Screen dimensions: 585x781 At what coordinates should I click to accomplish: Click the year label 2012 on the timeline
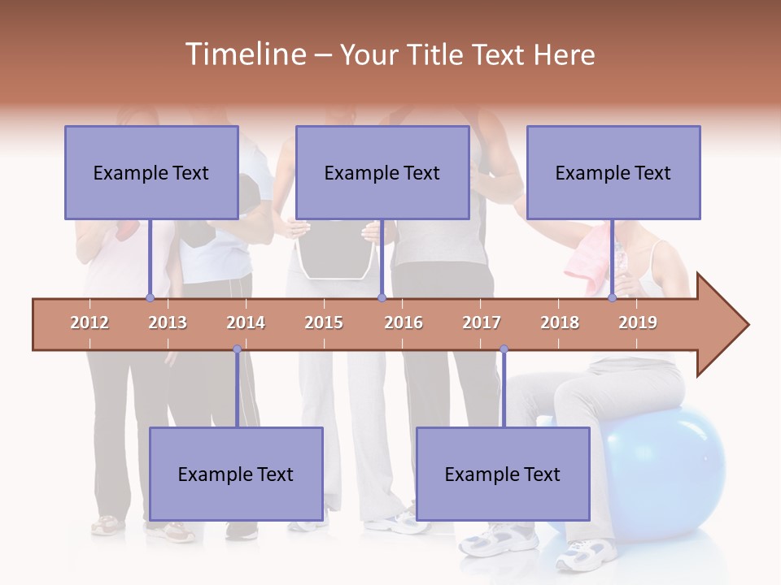pos(89,323)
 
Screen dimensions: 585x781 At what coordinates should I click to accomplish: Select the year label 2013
pos(168,323)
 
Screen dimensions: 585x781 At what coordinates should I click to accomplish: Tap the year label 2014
pos(246,323)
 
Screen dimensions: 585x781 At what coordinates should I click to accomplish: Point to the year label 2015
pos(324,323)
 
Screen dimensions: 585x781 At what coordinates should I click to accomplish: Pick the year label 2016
pos(404,323)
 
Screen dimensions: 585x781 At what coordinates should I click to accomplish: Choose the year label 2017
pos(482,323)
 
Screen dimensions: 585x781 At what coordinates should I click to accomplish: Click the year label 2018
pos(560,323)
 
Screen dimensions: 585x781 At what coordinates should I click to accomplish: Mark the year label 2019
pos(638,323)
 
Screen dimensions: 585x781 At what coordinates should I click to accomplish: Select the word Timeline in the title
pos(244,54)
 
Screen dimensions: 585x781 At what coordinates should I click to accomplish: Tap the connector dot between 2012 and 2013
pos(150,298)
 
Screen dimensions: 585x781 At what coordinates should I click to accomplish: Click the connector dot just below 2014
pos(237,349)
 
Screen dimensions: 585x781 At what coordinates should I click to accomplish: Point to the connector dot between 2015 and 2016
pos(382,298)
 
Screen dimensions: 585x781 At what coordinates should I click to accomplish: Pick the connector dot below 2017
pos(504,349)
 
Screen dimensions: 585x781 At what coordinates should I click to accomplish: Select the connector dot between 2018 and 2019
pos(612,298)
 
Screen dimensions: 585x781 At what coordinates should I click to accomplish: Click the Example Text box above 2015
pos(382,172)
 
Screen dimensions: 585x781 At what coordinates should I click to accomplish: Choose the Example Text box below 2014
pos(236,474)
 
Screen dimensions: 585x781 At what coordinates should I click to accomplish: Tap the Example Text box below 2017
pos(503,474)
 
